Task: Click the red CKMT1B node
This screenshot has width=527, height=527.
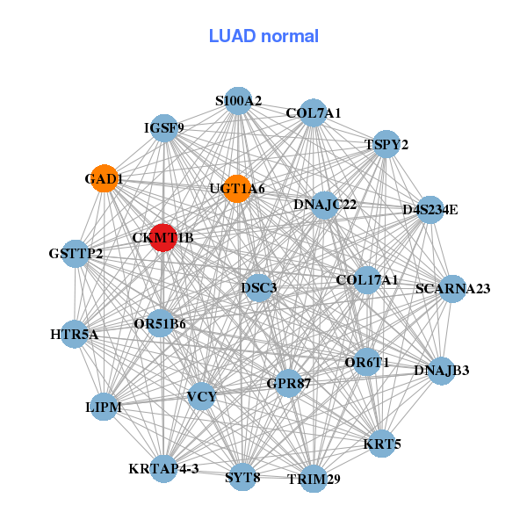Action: click(163, 237)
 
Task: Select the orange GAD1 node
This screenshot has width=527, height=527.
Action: click(105, 178)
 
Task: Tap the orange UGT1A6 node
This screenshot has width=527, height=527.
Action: click(236, 188)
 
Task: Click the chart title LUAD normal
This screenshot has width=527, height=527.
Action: click(263, 36)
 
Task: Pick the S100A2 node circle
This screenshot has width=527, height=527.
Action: click(239, 101)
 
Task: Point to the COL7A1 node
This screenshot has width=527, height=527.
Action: click(314, 113)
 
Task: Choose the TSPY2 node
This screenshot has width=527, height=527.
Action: click(386, 144)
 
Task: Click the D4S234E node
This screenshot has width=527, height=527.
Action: click(430, 209)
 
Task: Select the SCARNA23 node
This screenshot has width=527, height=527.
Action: click(451, 288)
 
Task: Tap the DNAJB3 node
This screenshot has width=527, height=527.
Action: click(442, 370)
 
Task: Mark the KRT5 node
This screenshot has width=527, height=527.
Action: click(382, 444)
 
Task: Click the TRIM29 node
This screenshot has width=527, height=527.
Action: click(314, 479)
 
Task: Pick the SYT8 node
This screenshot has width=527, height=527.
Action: click(242, 478)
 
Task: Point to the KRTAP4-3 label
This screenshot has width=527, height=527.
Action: click(163, 468)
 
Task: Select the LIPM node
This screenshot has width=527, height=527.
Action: click(104, 408)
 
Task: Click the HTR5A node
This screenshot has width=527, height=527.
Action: click(75, 335)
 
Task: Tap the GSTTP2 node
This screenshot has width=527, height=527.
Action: click(76, 255)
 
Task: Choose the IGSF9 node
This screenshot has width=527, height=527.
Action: click(164, 128)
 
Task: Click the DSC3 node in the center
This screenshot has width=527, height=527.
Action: click(259, 287)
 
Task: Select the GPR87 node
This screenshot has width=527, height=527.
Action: click(289, 383)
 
